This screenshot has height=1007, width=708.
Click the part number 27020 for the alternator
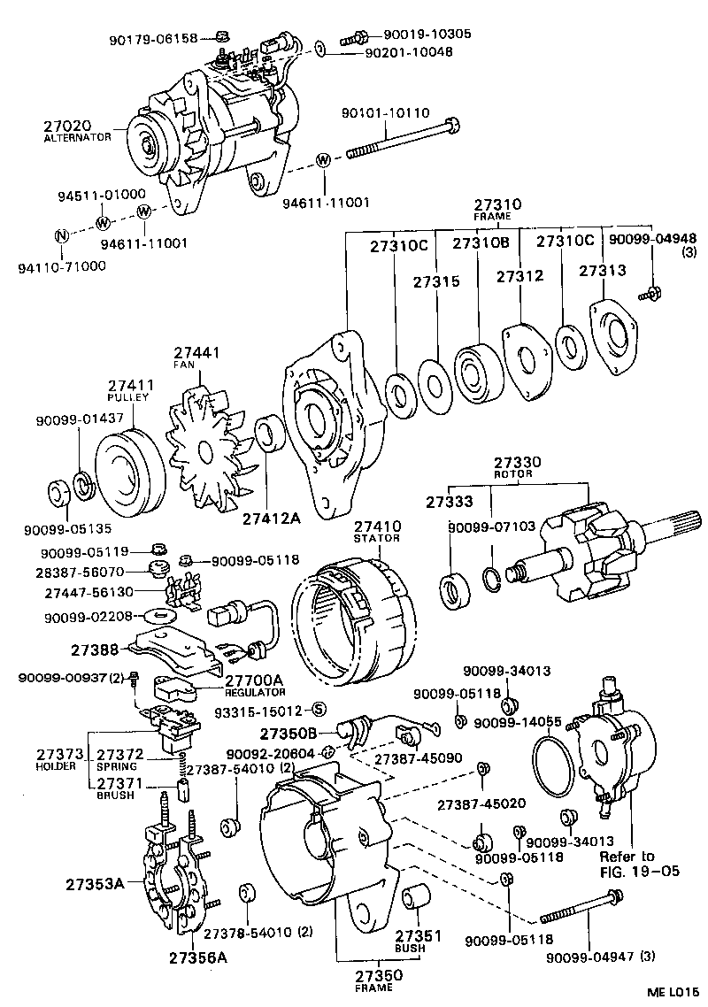coord(66,127)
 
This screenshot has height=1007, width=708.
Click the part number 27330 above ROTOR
coord(518,463)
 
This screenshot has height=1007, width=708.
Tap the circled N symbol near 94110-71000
coord(61,236)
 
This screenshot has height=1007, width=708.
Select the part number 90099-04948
coord(654,238)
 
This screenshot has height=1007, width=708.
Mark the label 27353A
coord(94,882)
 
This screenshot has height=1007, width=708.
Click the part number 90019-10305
coord(427,35)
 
